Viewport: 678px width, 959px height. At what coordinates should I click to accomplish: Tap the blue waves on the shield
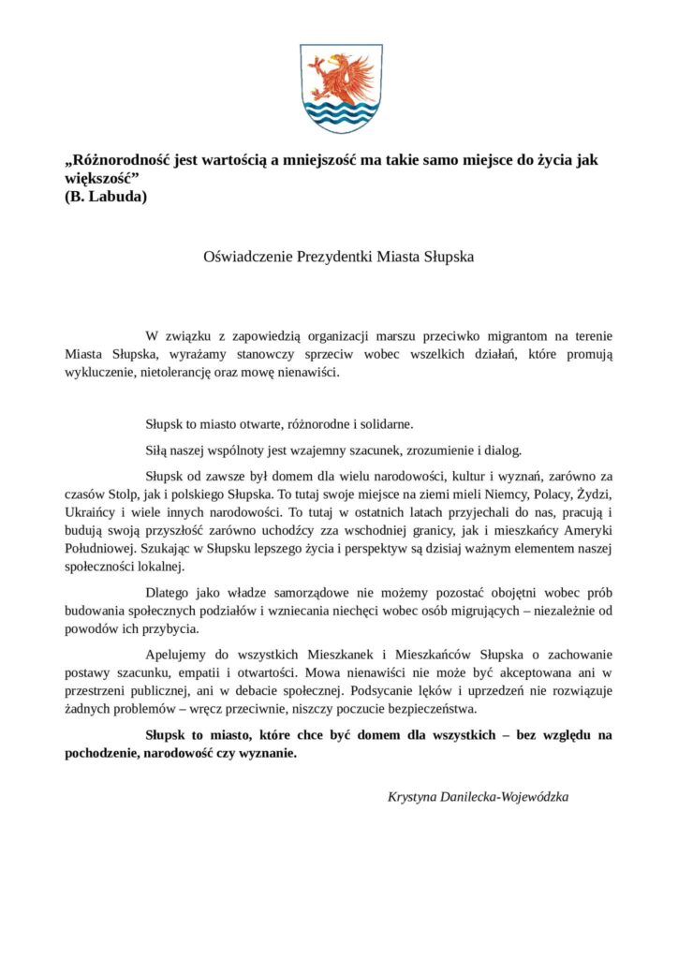(339, 116)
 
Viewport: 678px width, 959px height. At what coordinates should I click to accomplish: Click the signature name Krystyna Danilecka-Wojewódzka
(478, 796)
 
